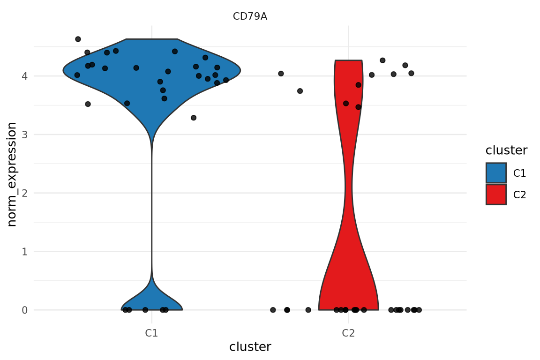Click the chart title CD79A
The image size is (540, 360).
point(250,16)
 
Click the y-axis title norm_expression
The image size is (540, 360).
point(12,174)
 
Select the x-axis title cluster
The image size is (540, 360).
point(250,347)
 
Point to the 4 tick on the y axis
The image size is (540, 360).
point(25,76)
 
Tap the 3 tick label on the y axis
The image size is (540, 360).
point(25,135)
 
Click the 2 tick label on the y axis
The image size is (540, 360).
point(25,193)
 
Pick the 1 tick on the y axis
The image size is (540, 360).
point(25,252)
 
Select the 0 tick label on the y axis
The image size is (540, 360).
point(25,310)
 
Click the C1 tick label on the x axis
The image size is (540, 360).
point(151,333)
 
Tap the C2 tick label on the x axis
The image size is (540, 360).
point(348,333)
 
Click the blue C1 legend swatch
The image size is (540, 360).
point(496,173)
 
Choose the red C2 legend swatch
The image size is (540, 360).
point(496,195)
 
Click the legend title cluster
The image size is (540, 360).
point(506,150)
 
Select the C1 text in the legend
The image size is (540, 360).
point(519,173)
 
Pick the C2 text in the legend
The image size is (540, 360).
point(519,195)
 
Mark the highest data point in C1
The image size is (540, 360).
point(78,39)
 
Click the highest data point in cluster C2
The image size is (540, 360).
point(382,60)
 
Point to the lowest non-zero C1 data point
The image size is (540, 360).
point(193,118)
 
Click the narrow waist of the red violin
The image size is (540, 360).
point(348,187)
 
